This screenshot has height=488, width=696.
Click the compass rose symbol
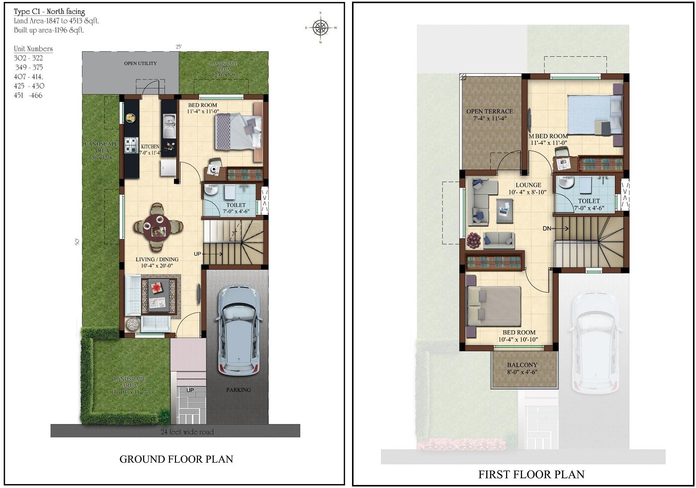(x=321, y=27)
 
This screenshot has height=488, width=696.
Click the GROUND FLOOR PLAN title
(x=176, y=459)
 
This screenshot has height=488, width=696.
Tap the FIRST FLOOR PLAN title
(x=531, y=475)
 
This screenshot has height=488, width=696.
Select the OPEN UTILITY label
(x=140, y=64)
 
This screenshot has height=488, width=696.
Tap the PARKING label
(x=238, y=390)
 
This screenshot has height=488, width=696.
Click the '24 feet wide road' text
(x=187, y=432)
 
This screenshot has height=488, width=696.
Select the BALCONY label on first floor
(x=522, y=365)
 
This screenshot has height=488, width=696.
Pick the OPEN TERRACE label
(x=489, y=111)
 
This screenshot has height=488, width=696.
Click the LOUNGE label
(x=528, y=185)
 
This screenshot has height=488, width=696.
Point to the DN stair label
(x=547, y=229)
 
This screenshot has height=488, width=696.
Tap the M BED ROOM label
(x=548, y=136)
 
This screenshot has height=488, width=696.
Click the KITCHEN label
(x=150, y=147)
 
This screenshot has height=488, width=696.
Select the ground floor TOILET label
(x=236, y=205)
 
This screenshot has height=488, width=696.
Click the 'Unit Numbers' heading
(x=33, y=49)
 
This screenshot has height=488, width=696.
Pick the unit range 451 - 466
(x=28, y=96)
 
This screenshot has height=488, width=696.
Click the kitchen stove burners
(x=131, y=145)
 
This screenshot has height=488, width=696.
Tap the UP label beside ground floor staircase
(x=197, y=254)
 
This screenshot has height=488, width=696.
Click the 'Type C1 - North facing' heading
(x=49, y=11)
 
